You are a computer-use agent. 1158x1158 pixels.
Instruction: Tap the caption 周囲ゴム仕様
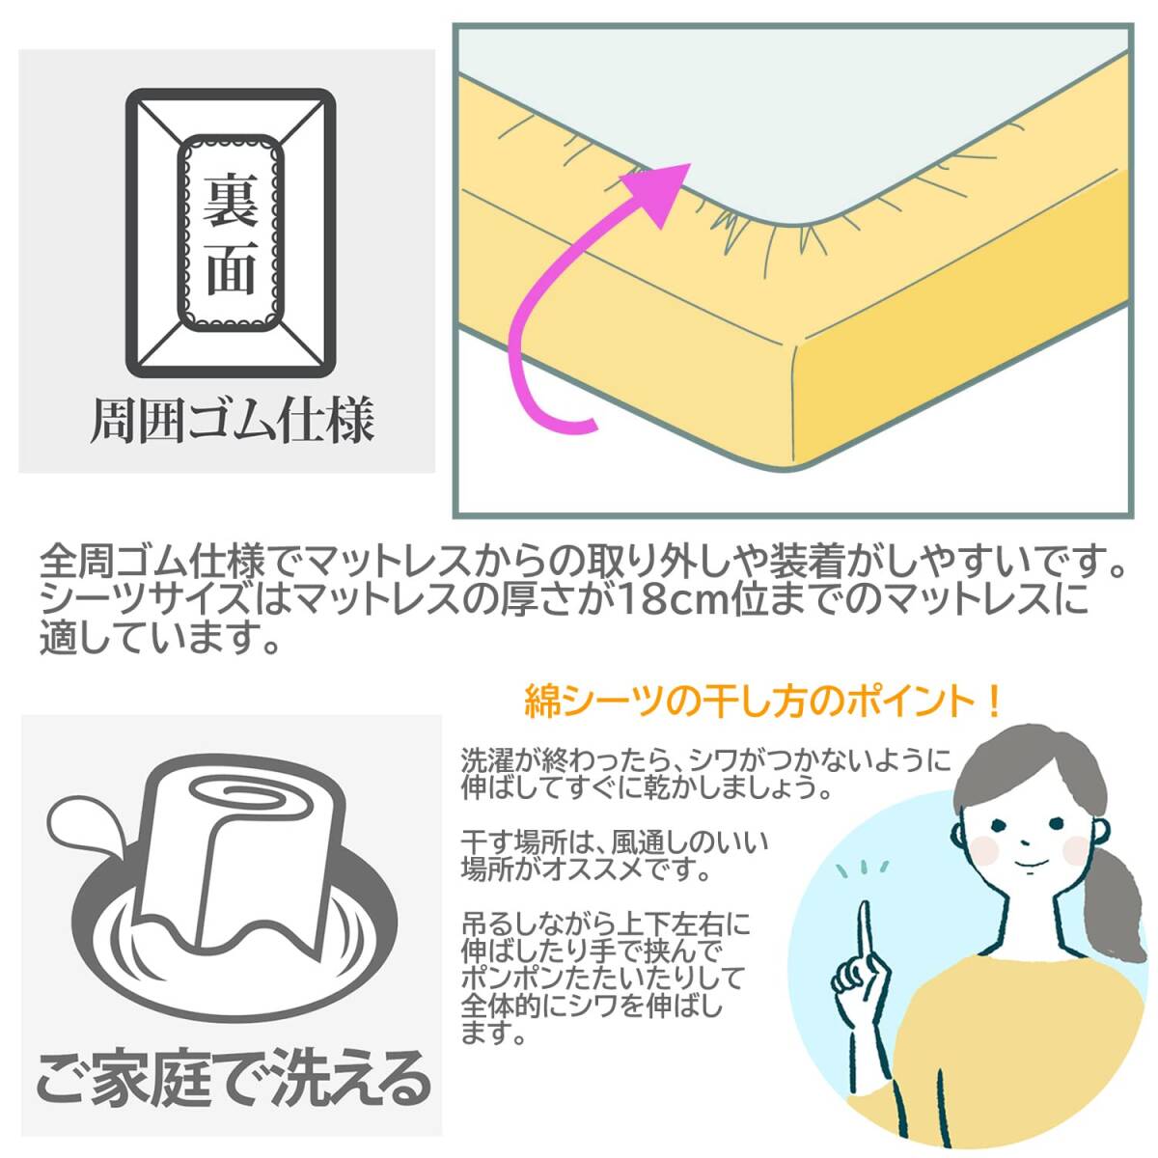point(232,421)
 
